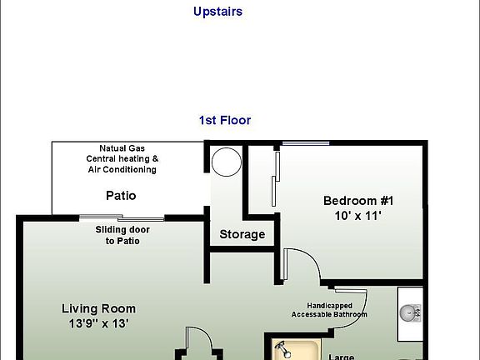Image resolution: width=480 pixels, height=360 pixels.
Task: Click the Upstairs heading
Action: [x=217, y=12]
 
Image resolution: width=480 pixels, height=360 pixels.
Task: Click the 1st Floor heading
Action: [x=224, y=120]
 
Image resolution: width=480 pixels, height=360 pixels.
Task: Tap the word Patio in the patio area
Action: [x=121, y=197]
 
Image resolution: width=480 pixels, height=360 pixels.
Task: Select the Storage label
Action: [x=242, y=234]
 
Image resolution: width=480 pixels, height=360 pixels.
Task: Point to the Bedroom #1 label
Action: [x=358, y=201]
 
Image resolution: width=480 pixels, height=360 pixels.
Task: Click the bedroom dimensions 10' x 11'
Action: [x=358, y=215]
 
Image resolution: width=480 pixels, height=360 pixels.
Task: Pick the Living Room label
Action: [x=98, y=308]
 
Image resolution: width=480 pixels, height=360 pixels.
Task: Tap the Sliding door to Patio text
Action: [x=122, y=235]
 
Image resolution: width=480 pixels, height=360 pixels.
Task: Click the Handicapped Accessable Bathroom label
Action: [x=329, y=310]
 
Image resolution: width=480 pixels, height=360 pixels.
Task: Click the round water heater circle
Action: [x=225, y=161]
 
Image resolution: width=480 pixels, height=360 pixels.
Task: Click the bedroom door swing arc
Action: [x=304, y=265]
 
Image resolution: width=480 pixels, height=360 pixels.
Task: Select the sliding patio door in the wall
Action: [x=122, y=218]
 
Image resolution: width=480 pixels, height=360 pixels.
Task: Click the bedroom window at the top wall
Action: [x=305, y=144]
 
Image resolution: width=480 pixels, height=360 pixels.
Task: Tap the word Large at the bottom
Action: [x=341, y=357]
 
